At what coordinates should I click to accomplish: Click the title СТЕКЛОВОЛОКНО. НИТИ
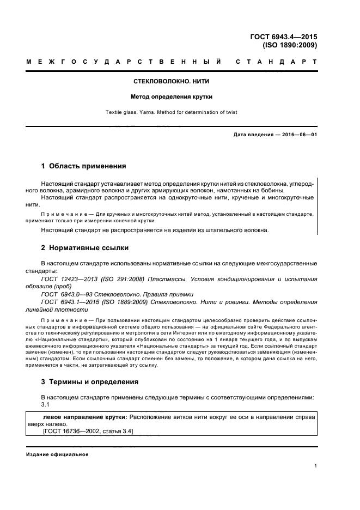tap(172, 81)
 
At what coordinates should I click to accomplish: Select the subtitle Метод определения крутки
tap(172, 96)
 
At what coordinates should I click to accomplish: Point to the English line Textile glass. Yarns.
tap(172, 112)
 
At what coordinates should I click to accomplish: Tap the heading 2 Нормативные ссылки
tap(85, 247)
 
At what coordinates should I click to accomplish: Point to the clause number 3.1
tap(45, 404)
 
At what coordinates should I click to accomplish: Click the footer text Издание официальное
tap(57, 454)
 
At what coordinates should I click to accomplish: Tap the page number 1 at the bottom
tap(316, 466)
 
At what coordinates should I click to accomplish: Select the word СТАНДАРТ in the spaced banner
tap(277, 62)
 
